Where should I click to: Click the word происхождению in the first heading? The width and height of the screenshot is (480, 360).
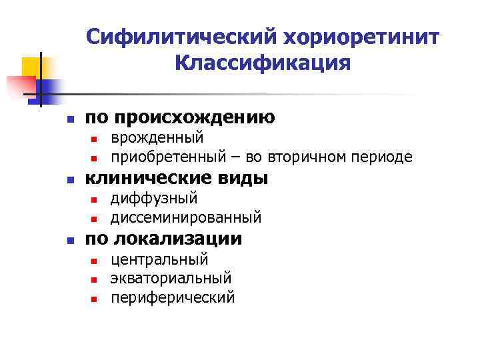195,118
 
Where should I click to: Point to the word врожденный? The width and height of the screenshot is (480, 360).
157,138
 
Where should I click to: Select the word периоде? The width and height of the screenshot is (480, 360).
383,157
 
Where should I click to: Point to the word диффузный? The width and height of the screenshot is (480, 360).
154,199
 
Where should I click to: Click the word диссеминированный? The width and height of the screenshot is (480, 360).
186,218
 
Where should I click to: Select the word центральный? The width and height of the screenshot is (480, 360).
159,259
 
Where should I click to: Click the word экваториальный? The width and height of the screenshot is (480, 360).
171,278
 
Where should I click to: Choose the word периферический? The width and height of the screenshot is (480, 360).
173,297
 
